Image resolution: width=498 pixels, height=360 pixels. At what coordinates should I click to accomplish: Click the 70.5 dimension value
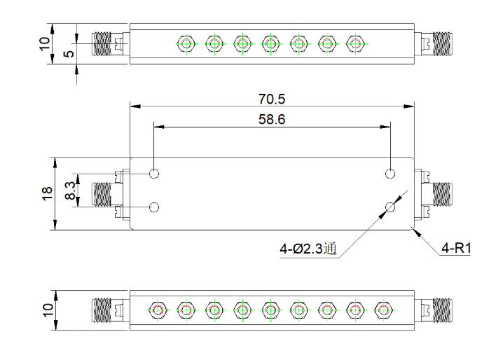click(272, 99)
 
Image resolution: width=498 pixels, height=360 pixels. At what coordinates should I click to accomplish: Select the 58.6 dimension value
click(272, 119)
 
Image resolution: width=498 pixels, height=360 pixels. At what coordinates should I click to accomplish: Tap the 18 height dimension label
click(47, 193)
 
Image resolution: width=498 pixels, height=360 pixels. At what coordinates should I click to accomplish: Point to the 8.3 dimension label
click(70, 191)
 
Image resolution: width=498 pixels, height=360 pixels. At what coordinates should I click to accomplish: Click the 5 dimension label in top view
click(69, 54)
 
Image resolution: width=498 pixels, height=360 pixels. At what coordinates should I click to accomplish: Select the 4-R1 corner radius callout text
click(456, 248)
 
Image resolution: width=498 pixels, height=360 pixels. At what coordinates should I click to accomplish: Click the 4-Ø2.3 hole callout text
click(307, 249)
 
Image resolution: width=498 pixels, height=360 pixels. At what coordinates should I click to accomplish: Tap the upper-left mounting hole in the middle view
click(154, 174)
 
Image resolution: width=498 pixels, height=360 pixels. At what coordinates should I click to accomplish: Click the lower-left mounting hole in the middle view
click(154, 207)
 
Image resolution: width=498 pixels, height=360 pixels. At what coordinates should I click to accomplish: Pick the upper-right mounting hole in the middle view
click(390, 174)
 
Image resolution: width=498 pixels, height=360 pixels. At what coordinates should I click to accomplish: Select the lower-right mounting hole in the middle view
click(390, 207)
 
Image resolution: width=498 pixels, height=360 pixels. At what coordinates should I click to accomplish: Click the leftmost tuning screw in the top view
click(186, 43)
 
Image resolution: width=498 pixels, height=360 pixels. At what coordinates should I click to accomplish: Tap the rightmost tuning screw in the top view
click(355, 43)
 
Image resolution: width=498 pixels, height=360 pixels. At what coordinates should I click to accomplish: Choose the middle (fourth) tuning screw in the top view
click(270, 43)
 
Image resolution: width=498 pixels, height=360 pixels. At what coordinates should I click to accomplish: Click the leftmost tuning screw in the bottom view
click(158, 310)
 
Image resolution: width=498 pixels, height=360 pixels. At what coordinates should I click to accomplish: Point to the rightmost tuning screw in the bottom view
click(383, 310)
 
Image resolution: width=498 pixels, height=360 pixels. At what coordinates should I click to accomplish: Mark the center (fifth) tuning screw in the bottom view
click(270, 310)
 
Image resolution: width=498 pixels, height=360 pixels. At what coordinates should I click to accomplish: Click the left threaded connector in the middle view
click(102, 194)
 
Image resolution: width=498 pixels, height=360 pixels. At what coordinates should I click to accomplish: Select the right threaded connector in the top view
click(443, 43)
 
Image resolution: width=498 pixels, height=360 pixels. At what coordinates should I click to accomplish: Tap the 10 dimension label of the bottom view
click(48, 310)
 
